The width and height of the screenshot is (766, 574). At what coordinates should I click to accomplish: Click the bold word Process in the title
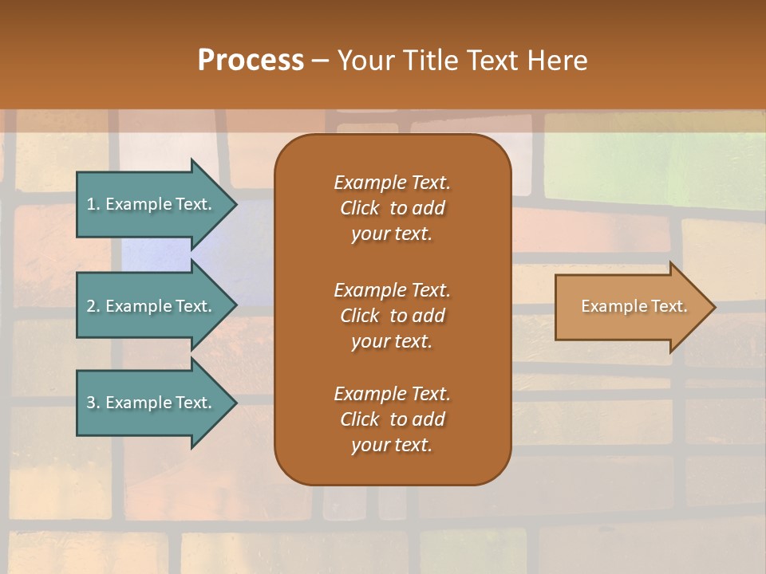pos(251,61)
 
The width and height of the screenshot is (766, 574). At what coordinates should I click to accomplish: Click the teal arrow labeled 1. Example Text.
pos(152,204)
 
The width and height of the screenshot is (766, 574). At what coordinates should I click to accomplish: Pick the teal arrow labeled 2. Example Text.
pos(152,306)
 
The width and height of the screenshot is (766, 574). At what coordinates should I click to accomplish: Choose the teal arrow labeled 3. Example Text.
pos(152,403)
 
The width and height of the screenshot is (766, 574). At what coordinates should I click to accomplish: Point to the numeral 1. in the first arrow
pos(93,204)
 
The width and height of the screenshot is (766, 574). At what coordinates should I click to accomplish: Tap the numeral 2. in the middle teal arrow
pos(93,306)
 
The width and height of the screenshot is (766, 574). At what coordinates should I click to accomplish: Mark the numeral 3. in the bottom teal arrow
pos(93,403)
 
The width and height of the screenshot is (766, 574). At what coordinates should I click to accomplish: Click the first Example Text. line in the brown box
pos(392,183)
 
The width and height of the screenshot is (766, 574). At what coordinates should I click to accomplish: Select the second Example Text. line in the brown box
pos(392,289)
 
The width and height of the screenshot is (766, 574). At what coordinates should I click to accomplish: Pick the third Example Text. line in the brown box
pos(392,394)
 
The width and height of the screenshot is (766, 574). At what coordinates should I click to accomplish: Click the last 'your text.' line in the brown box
pos(392,446)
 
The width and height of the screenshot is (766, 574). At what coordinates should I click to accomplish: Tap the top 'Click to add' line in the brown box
pos(392,208)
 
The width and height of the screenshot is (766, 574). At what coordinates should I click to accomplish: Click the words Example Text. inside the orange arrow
pos(634,306)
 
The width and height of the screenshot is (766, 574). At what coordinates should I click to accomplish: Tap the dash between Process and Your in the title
pos(320,61)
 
